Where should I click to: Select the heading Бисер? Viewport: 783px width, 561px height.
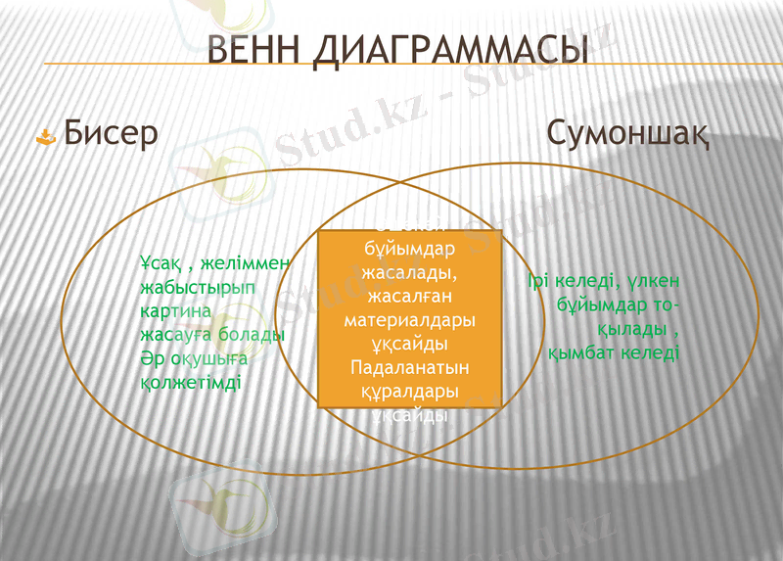pos(111,134)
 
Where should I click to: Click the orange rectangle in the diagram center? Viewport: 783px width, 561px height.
pos(410,318)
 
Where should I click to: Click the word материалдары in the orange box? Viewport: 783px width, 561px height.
pos(410,321)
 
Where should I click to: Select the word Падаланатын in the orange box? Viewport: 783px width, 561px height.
pos(410,368)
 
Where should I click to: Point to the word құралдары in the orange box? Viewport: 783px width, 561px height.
pos(410,392)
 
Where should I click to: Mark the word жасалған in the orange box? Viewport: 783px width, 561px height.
pos(410,297)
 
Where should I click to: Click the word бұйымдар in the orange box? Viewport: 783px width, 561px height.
pos(410,250)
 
